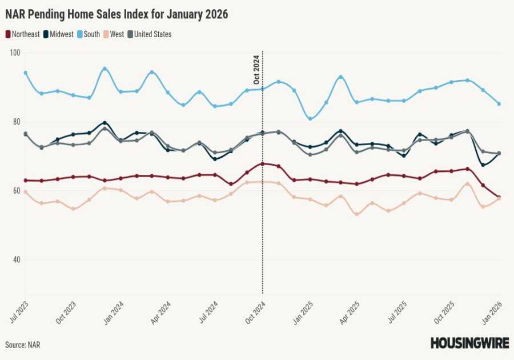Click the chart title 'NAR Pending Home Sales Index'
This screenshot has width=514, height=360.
click(x=117, y=15)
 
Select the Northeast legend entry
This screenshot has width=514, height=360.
click(x=23, y=34)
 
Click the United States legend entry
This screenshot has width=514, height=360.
click(x=149, y=34)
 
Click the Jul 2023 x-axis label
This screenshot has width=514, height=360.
click(x=18, y=311)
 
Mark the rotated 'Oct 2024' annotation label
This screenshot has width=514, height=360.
click(x=256, y=70)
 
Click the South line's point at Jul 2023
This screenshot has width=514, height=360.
click(x=26, y=73)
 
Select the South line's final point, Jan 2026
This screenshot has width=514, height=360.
click(x=499, y=104)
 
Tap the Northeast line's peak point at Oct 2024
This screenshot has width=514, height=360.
click(x=263, y=164)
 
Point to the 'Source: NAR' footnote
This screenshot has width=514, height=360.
click(x=23, y=345)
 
